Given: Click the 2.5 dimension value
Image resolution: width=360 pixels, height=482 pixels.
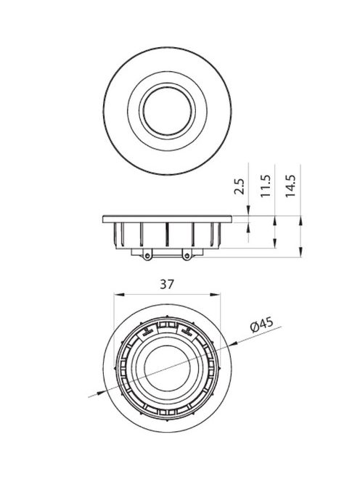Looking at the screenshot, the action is [240, 187].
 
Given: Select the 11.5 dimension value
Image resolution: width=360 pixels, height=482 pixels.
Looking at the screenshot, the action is [265, 186].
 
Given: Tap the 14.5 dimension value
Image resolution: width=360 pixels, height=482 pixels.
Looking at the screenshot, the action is [290, 186].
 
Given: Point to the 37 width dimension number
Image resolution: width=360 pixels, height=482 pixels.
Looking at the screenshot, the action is [167, 285].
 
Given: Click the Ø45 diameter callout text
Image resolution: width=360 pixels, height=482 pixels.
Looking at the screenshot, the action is [261, 325].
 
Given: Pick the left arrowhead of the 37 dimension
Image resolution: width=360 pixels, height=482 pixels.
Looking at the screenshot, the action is [118, 295].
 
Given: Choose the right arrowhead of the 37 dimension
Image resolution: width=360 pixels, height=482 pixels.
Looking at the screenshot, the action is [216, 295].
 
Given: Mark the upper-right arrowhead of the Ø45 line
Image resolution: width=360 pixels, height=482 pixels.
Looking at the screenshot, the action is [234, 343].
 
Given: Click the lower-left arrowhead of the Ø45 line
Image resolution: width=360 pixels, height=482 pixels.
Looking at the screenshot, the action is [99, 393].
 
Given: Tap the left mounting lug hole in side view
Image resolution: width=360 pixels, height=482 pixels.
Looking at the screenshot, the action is [147, 256].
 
